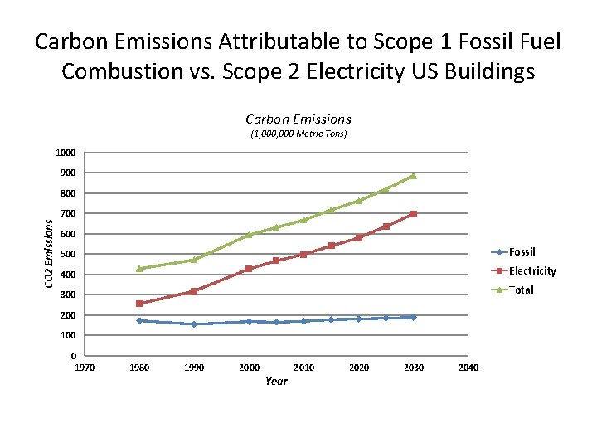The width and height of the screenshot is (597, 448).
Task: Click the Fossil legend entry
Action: click(x=522, y=251)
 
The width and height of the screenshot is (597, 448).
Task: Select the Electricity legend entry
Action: click(x=531, y=270)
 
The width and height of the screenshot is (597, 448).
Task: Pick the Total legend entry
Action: click(x=521, y=290)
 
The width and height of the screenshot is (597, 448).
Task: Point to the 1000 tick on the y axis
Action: click(x=66, y=153)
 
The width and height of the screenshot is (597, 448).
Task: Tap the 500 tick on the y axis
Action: click(x=69, y=254)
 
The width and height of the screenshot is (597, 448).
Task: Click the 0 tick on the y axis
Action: click(x=74, y=356)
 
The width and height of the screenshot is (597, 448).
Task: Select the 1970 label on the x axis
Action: click(x=85, y=368)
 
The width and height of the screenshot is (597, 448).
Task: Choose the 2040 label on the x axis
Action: click(x=468, y=368)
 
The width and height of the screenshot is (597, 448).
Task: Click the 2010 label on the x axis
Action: click(x=304, y=368)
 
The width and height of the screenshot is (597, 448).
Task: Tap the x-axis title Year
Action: click(x=276, y=381)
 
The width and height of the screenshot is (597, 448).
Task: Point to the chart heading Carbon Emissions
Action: click(x=298, y=119)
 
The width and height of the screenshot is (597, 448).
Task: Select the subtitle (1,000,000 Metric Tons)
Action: click(x=298, y=134)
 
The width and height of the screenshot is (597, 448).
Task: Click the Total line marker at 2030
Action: click(x=413, y=176)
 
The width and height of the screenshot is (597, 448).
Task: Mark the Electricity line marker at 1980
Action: click(x=139, y=304)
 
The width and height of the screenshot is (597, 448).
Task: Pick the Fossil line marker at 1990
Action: click(x=194, y=324)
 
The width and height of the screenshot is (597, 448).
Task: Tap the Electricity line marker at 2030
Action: click(x=413, y=214)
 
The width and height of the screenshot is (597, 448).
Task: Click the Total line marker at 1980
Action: click(x=139, y=269)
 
